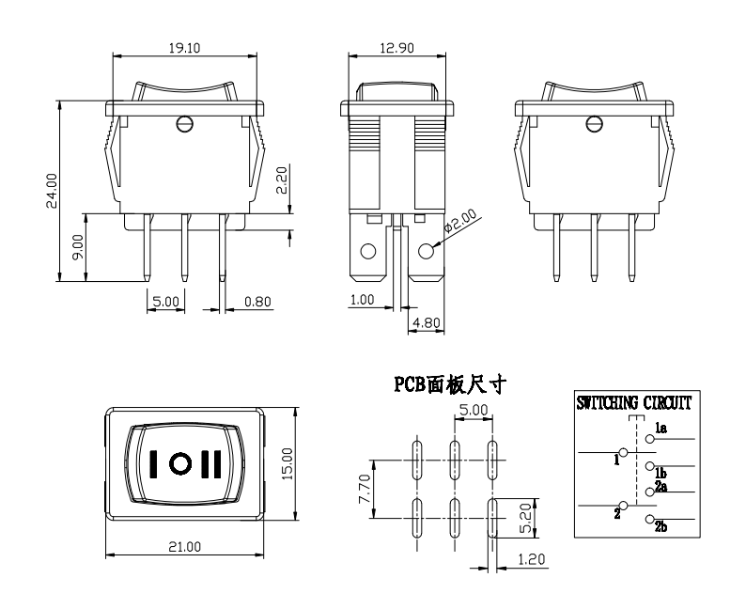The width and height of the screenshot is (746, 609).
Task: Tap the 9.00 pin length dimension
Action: coord(79,246)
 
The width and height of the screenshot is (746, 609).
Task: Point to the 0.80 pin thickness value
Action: coord(257,303)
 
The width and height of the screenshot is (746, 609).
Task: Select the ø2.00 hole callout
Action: coord(460,222)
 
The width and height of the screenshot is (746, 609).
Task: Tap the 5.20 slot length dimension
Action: coord(527,517)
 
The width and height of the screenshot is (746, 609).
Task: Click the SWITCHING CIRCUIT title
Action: coord(634,403)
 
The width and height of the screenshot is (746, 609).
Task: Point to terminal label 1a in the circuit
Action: coord(661,429)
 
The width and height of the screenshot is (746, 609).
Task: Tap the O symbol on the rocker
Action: coord(183,462)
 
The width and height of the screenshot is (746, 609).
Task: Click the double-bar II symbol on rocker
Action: coord(214,462)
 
